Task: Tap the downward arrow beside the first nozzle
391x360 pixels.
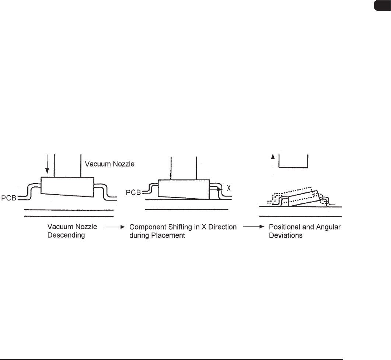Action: click(x=47, y=164)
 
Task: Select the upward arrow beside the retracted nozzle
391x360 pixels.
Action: click(x=272, y=161)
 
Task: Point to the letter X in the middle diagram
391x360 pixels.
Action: click(x=229, y=187)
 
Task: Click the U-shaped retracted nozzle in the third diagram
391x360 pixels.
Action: click(x=293, y=162)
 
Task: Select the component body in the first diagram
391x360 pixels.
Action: click(x=68, y=188)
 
